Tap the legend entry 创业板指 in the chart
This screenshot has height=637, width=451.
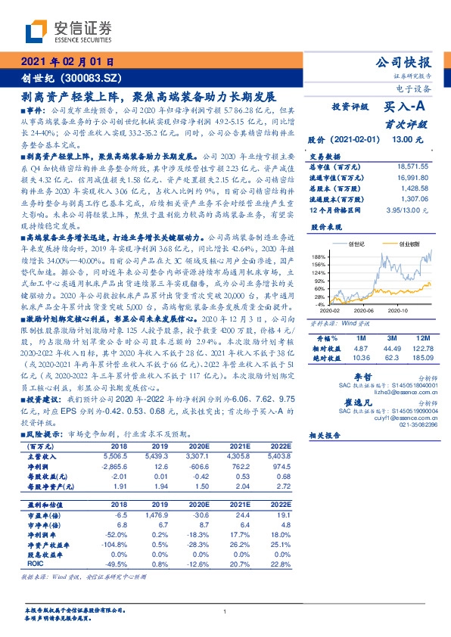point(403,244)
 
